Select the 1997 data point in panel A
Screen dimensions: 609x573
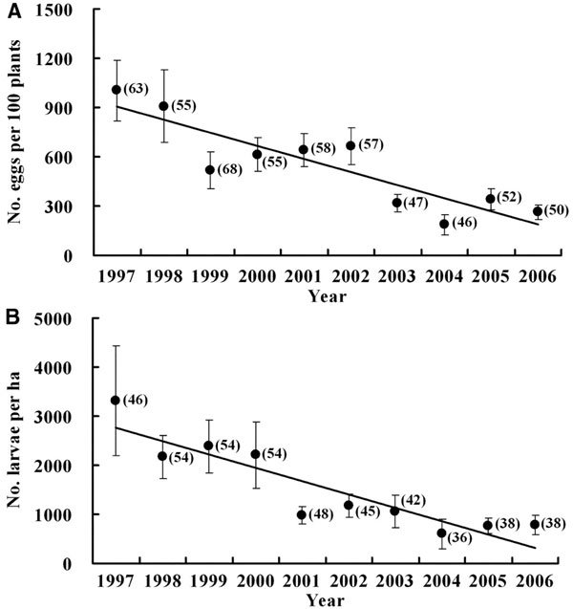point(117,90)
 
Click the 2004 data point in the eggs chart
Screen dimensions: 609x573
point(444,224)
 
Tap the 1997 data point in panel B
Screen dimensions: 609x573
point(117,401)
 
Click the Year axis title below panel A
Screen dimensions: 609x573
point(328,295)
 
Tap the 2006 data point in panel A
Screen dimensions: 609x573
point(538,212)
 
